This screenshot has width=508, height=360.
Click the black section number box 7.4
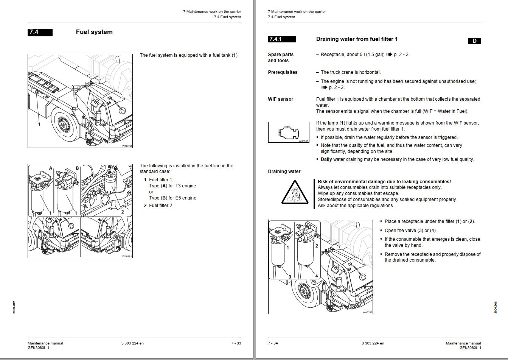40,33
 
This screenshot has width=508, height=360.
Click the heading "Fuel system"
94,32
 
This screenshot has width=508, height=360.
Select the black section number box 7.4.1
281,39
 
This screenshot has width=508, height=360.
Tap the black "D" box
474,41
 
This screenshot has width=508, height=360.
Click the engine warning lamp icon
289,132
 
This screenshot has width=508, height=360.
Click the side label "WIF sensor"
280,99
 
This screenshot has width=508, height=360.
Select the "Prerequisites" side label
283,72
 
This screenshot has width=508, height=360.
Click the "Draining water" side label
284,171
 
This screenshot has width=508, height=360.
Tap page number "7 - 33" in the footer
236,343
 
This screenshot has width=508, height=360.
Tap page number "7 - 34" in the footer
273,343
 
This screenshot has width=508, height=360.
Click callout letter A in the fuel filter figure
51,168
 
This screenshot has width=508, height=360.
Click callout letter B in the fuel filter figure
77,168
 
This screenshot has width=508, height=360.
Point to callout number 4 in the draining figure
317,276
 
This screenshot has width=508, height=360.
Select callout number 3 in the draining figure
290,277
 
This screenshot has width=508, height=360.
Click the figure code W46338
127,146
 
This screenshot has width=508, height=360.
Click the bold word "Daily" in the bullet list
326,159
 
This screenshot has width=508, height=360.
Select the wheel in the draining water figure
304,291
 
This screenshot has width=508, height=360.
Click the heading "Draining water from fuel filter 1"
357,39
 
